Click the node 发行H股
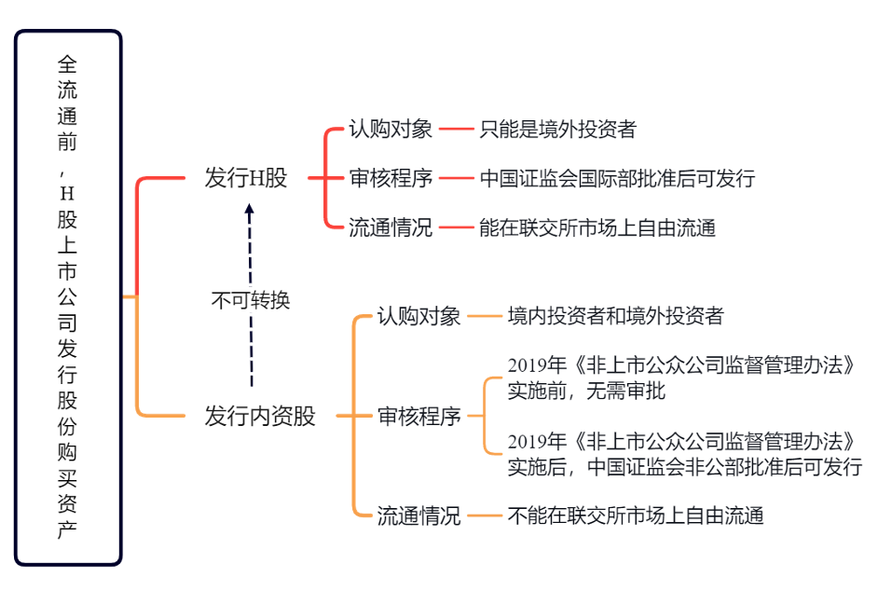pos(246,178)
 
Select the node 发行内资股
pos(260,416)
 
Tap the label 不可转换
pos(251,300)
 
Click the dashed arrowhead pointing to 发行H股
pos(250,211)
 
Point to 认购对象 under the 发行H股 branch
pos(391,130)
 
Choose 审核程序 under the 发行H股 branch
pos(391,178)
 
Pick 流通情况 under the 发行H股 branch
pos(391,227)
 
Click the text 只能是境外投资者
pos(557,130)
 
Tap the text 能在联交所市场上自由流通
pos(597,227)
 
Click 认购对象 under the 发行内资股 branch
pos(418,316)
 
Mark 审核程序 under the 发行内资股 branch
pos(418,416)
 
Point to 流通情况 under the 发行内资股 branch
pos(418,515)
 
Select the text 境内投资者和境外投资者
pos(615,316)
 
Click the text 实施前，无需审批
pos(586,392)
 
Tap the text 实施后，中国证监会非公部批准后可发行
pos(684,467)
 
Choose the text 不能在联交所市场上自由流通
pos(636,515)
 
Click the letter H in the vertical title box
pos(67,194)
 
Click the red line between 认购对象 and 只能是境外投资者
pos(457,130)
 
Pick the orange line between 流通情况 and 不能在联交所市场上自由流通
pos(485,515)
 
